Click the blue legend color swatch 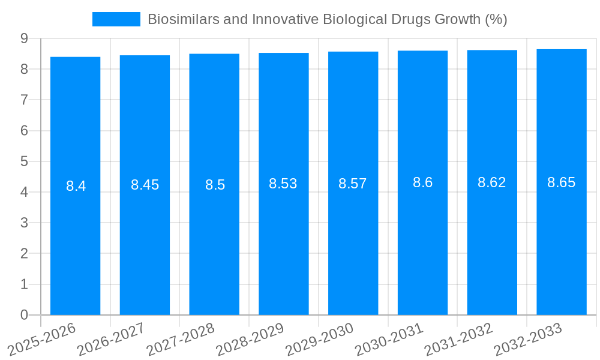(x=116, y=19)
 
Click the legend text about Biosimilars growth (x=327, y=19)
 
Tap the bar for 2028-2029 (x=283, y=240)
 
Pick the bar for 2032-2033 (x=561, y=240)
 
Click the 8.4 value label (x=76, y=186)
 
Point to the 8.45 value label (x=145, y=185)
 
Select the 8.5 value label (x=215, y=185)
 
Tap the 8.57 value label (x=352, y=184)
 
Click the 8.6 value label (x=422, y=183)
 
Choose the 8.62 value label (x=491, y=183)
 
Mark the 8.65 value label (x=561, y=182)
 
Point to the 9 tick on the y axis (x=24, y=38)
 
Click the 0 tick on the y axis (x=24, y=315)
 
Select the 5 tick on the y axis (x=24, y=161)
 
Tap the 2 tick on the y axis (x=24, y=254)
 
